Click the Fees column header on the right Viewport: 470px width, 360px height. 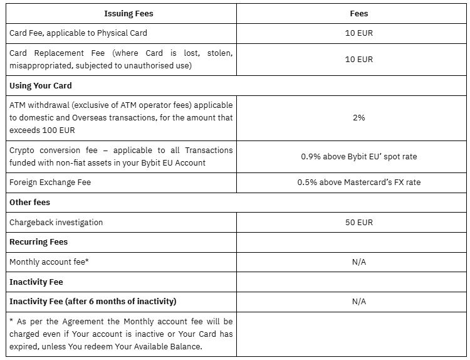coord(358,13)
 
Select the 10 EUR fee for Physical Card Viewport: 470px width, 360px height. coord(358,33)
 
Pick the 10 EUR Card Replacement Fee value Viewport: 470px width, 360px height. coord(358,59)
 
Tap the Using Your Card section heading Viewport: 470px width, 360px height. coord(41,85)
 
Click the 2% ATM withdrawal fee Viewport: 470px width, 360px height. coord(358,117)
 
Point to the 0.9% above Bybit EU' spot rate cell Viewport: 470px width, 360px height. coord(358,156)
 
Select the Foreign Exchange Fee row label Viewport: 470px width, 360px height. coord(50,183)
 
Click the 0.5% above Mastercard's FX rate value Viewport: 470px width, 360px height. coord(358,183)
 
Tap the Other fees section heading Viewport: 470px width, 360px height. coord(30,203)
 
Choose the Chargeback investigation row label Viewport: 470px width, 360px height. coord(56,222)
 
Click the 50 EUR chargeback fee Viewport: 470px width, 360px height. coord(358,222)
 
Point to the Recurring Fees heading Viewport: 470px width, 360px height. coord(38,241)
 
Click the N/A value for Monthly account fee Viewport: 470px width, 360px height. coord(358,262)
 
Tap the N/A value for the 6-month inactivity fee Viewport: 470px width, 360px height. coord(358,301)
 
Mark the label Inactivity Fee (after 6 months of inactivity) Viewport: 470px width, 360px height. coord(93,301)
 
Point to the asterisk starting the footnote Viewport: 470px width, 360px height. coord(12,321)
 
